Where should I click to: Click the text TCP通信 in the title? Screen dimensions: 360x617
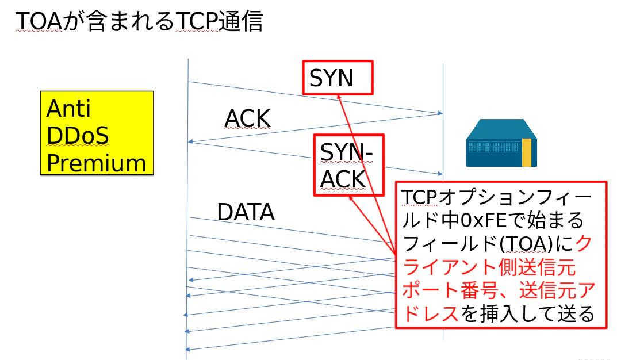click(218, 21)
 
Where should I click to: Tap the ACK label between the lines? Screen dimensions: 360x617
click(247, 118)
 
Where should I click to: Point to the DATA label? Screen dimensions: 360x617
click(246, 213)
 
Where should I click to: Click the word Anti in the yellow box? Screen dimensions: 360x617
click(68, 108)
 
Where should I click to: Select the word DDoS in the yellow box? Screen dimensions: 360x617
click(78, 136)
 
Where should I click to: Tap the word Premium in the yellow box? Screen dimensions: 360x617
click(96, 163)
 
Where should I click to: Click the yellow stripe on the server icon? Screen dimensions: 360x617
click(526, 152)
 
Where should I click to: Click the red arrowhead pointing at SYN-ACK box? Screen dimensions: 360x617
click(351, 197)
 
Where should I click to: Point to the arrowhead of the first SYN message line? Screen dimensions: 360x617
click(439, 113)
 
